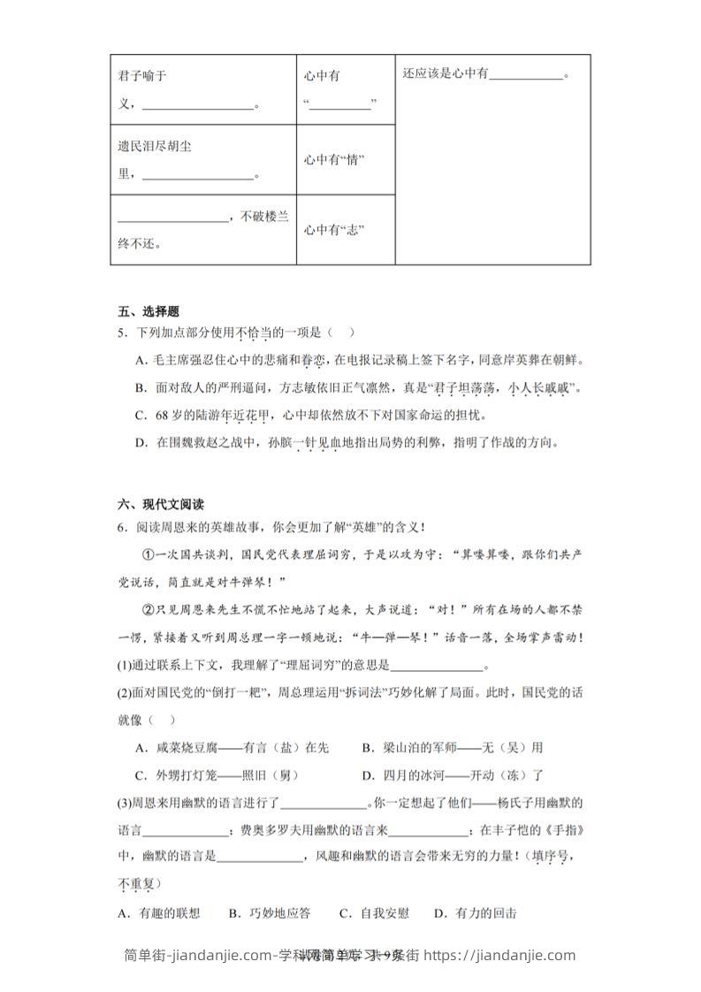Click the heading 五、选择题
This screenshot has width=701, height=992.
coord(149,311)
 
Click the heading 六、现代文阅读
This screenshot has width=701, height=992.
coord(161,505)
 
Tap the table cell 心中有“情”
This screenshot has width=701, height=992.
coord(334,159)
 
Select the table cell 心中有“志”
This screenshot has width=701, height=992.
coord(334,230)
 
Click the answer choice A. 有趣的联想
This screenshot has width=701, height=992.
coord(159,913)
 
